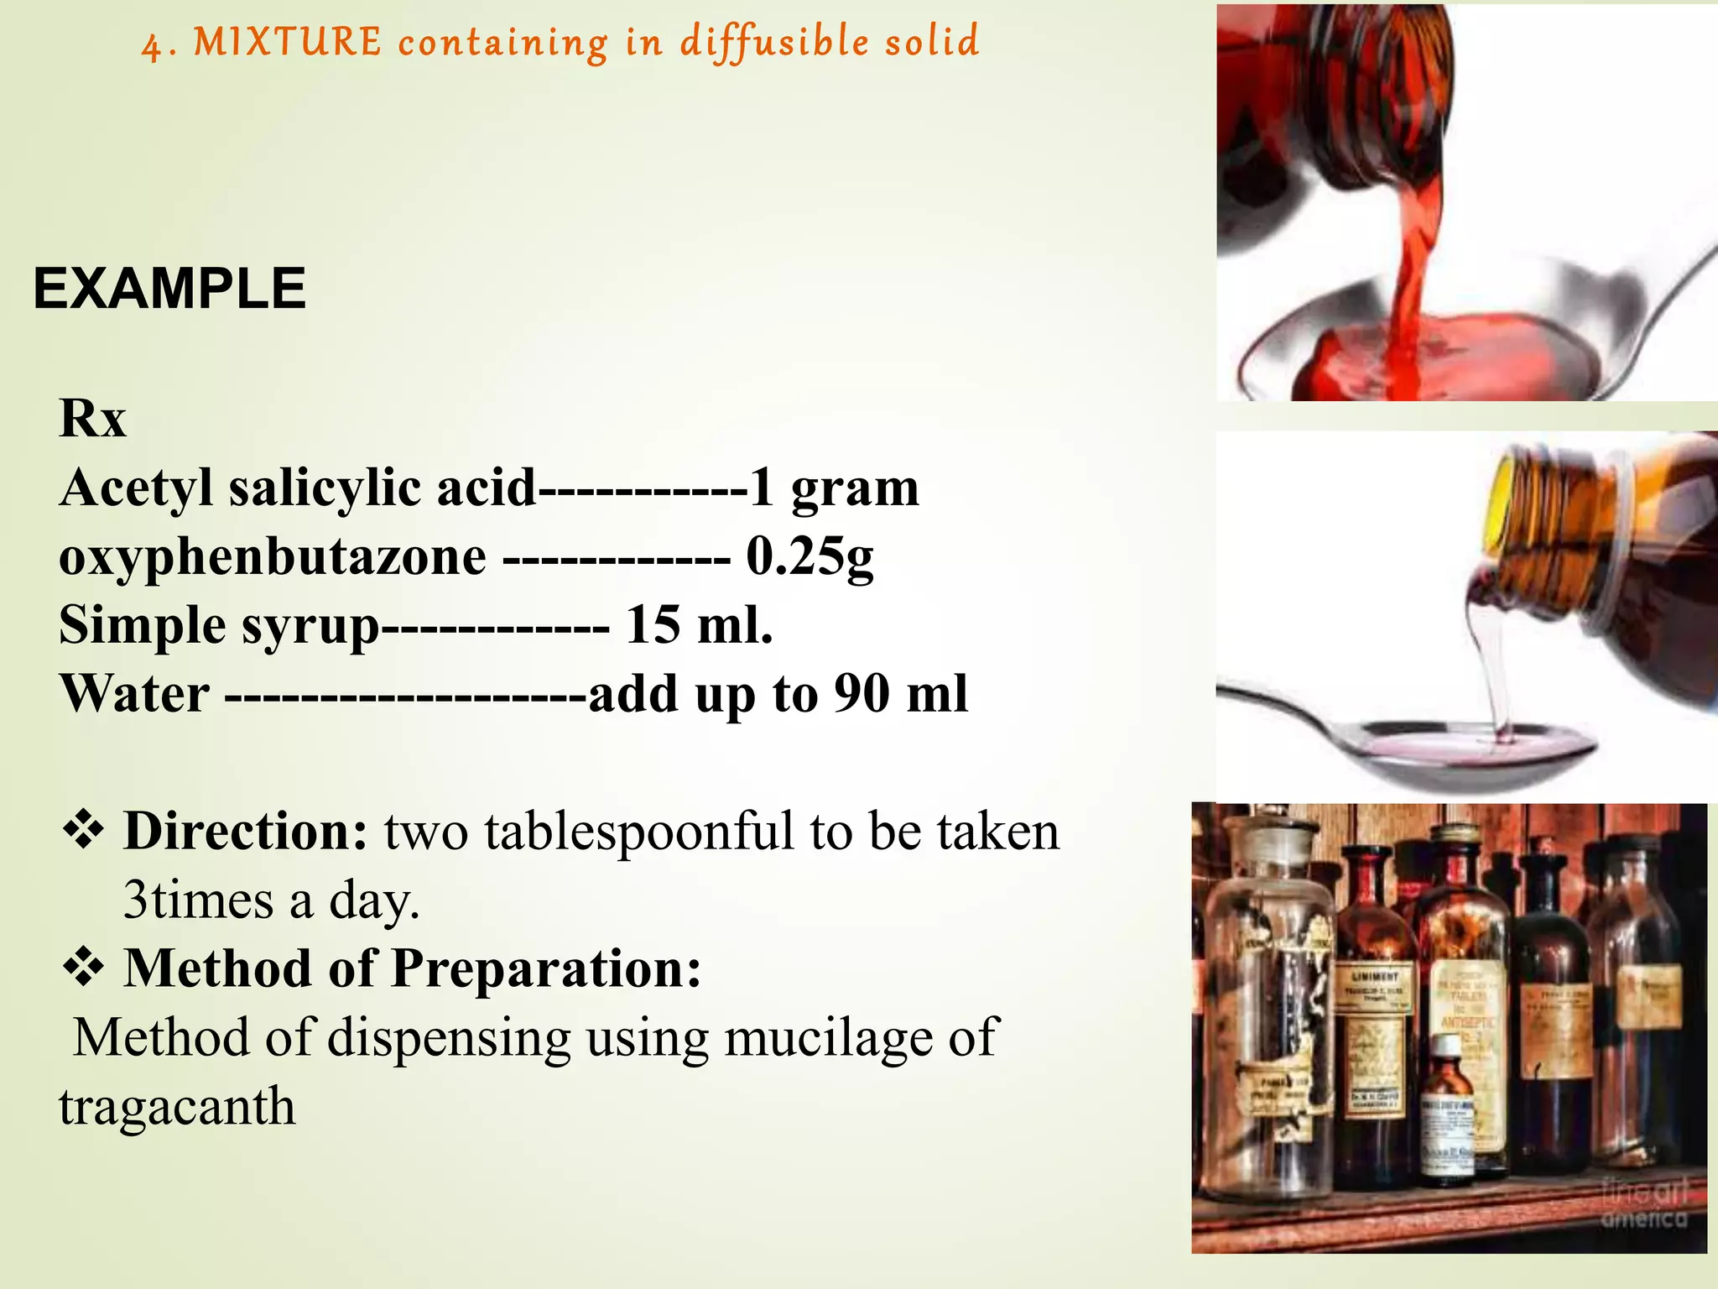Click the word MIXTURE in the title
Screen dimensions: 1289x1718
(288, 42)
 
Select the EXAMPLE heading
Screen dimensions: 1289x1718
(169, 289)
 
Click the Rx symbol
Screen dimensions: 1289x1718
(92, 418)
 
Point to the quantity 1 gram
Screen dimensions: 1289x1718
(835, 488)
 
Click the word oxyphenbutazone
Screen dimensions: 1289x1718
(273, 556)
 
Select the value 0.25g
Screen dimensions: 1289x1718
(810, 556)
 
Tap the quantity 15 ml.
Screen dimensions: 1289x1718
(699, 625)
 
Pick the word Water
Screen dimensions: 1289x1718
(134, 694)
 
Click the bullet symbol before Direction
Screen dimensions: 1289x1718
(83, 831)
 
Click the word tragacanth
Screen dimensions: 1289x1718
(177, 1106)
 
